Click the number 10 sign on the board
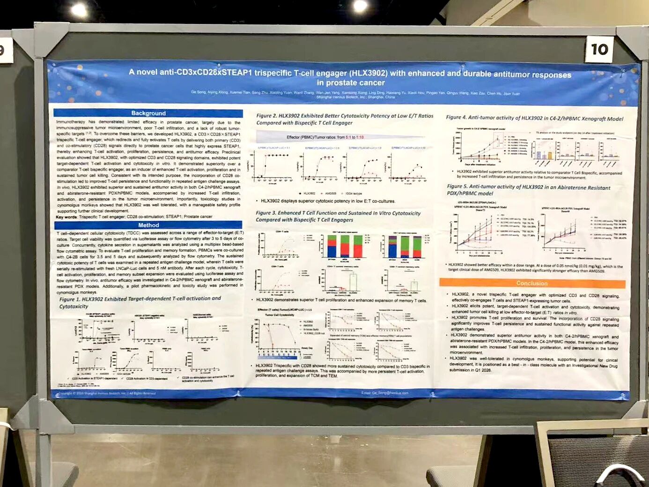coord(599,49)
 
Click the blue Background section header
coord(148,113)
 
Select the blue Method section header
coord(148,225)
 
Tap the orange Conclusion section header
coord(532,283)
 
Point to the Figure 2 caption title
coord(345,119)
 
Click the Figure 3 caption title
coord(338,216)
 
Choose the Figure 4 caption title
coord(534,118)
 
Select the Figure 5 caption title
coord(528,190)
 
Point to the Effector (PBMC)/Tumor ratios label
coord(325,137)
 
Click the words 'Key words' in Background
coord(66,217)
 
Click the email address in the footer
coord(384,393)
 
